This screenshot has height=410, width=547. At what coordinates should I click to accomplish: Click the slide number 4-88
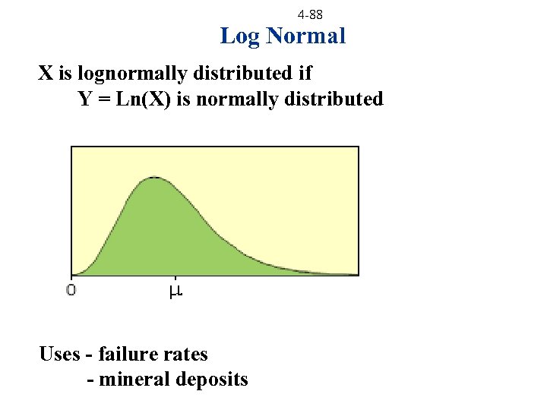click(310, 14)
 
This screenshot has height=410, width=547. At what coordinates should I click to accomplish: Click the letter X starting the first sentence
click(46, 74)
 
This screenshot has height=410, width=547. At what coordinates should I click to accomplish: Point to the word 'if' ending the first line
click(305, 74)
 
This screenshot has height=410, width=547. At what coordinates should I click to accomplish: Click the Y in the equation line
click(85, 99)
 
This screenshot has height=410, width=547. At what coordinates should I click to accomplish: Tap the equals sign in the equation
click(106, 100)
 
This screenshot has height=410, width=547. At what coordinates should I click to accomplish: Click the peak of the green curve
click(154, 178)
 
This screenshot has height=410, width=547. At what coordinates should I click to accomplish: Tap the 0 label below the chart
click(71, 289)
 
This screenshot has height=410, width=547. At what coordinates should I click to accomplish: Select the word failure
click(130, 354)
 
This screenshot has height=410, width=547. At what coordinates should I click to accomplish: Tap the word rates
click(186, 355)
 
